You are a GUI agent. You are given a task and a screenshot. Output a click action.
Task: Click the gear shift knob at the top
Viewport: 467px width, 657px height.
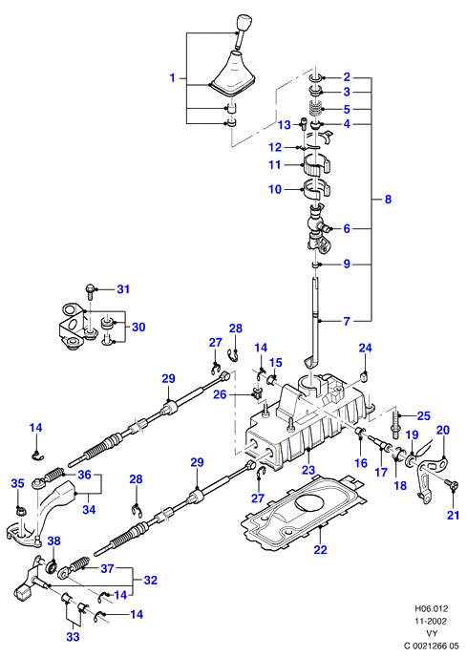[x=243, y=24]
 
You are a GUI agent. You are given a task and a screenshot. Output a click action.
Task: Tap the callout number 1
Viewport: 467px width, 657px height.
[x=172, y=78]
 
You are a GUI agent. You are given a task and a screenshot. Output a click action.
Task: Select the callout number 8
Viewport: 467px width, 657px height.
[x=388, y=199]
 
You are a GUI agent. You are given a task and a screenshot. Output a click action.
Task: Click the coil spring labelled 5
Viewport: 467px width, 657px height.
[x=315, y=109]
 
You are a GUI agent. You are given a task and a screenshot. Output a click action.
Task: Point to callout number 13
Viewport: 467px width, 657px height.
[x=285, y=125]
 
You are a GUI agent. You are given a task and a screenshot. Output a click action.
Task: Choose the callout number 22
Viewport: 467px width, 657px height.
[x=320, y=549]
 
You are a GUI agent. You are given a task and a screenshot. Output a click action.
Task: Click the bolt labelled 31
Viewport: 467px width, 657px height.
[x=90, y=290]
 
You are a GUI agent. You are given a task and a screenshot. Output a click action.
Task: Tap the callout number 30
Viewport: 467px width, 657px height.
[x=138, y=327]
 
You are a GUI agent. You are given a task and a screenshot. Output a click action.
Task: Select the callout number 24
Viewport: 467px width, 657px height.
[x=365, y=348]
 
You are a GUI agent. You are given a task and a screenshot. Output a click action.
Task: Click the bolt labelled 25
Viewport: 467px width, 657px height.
[x=395, y=424]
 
